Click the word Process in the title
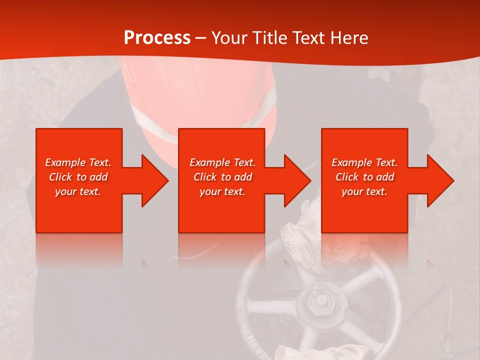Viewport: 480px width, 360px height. click(x=157, y=38)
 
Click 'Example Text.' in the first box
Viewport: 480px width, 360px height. click(x=78, y=162)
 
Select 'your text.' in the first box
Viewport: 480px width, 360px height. click(x=78, y=191)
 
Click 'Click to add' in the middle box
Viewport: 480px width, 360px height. click(x=222, y=177)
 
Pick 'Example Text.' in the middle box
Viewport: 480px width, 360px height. click(x=222, y=162)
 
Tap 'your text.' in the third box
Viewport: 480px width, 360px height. click(x=364, y=191)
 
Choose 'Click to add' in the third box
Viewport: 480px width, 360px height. click(x=364, y=177)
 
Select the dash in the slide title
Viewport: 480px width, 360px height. click(x=201, y=38)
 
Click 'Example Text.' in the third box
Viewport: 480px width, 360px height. click(x=364, y=162)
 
